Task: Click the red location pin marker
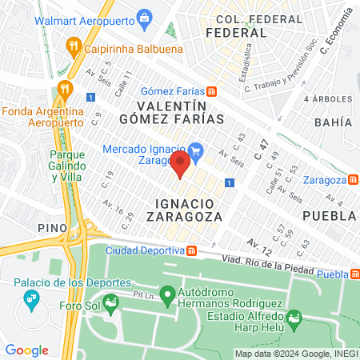coord(180,166)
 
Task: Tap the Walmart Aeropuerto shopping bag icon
coord(144,16)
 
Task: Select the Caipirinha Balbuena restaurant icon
coord(74,46)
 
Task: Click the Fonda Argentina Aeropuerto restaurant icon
coord(62,89)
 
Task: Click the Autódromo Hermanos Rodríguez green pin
coord(167,296)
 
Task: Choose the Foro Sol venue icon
coord(110,302)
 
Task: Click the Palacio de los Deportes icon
coord(32,299)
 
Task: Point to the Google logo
coord(26,350)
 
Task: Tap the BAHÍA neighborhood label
coord(334,122)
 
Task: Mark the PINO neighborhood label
coord(52,228)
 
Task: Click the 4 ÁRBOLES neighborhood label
coord(328,98)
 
